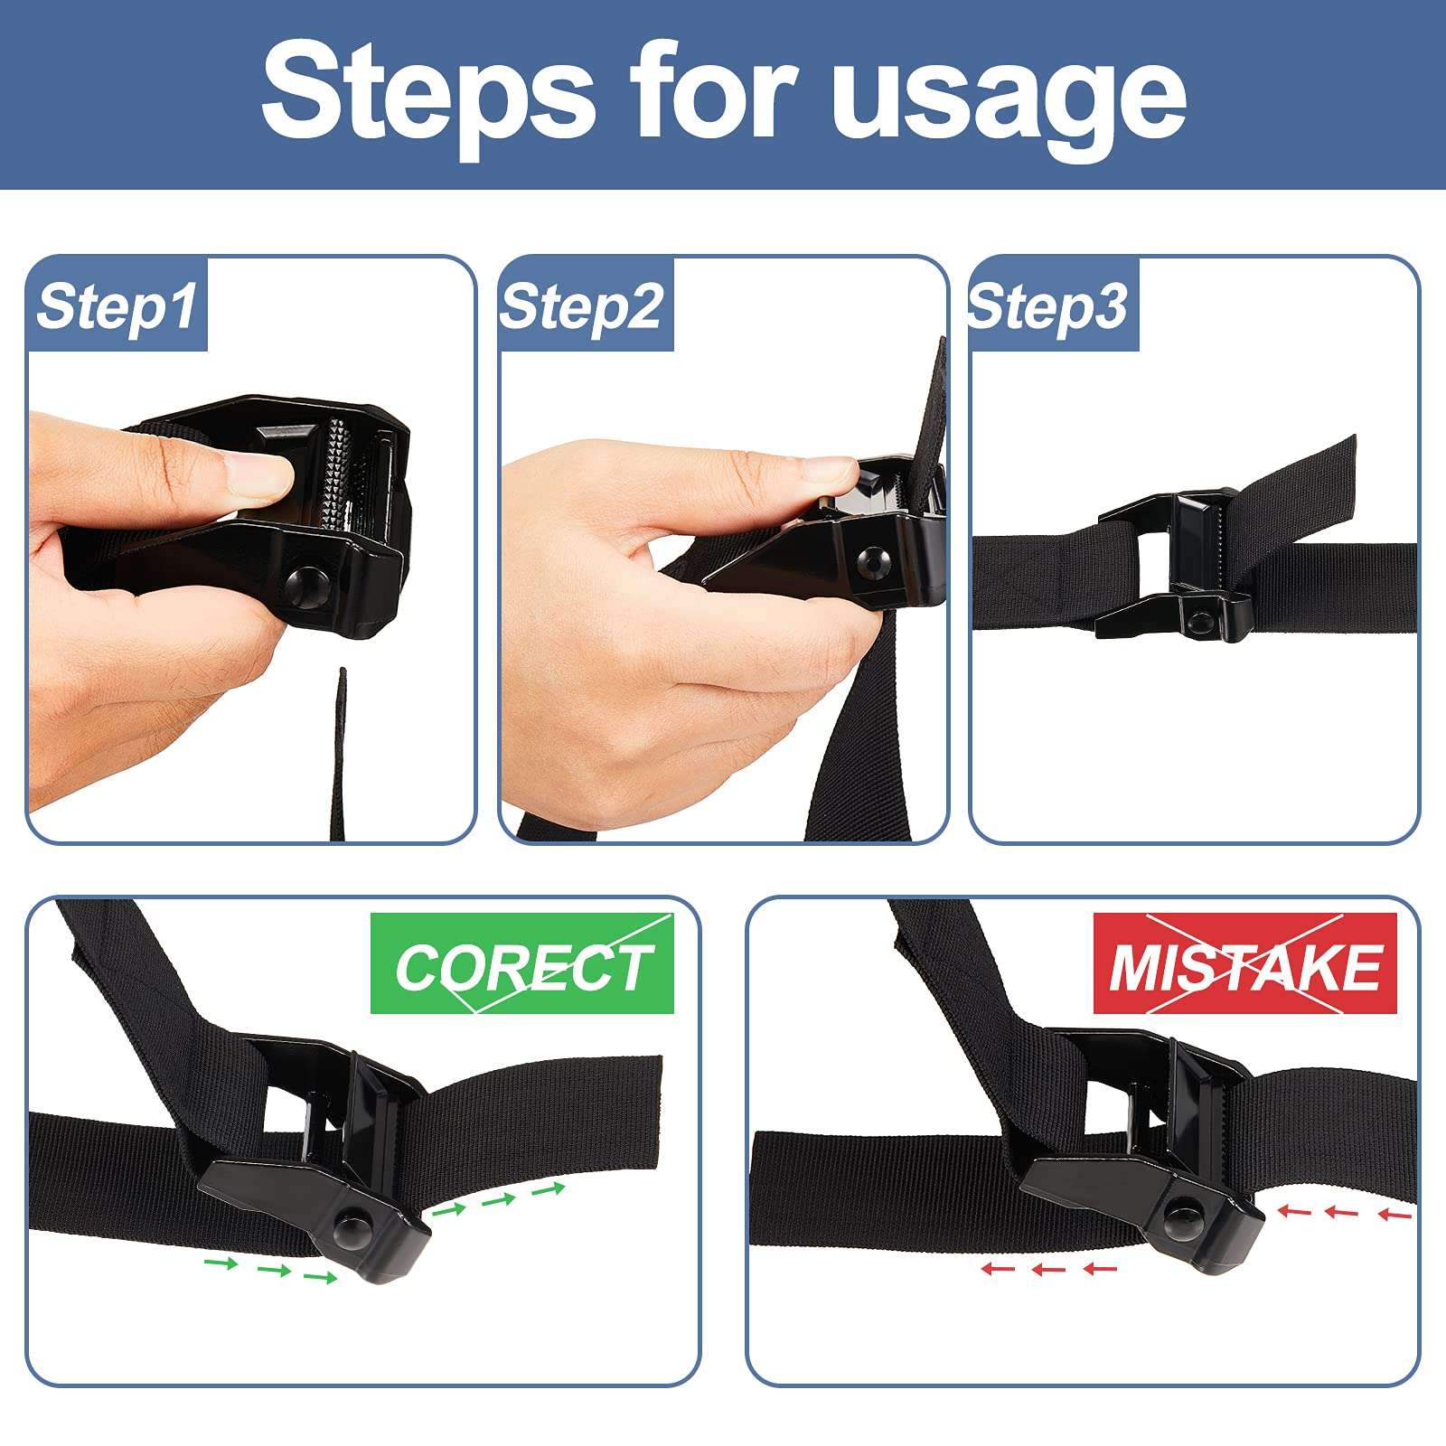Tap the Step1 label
(x=117, y=305)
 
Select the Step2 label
(x=583, y=305)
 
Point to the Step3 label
(x=1048, y=305)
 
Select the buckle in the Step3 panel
(x=1175, y=564)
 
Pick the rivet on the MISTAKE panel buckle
(x=1180, y=1212)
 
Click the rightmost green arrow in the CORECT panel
(x=548, y=1188)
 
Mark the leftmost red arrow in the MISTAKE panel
(x=998, y=1269)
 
